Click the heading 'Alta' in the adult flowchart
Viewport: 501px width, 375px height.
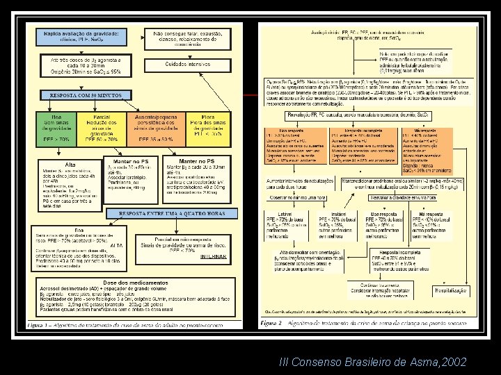click(71, 165)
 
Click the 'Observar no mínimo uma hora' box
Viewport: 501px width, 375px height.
click(302, 199)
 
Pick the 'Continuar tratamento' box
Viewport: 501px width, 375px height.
click(377, 285)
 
